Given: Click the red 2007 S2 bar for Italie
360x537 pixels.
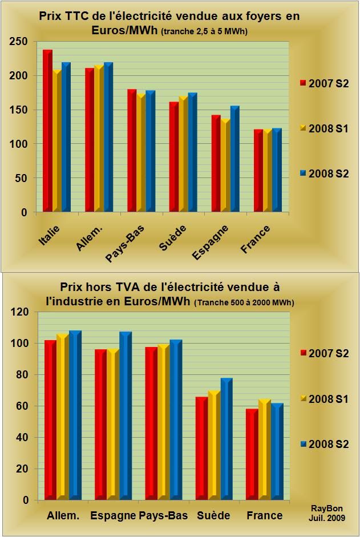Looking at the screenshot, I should pos(47,131).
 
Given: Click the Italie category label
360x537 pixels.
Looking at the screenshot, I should pos(49,236).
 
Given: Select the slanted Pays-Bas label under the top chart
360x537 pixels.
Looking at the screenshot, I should pos(124,244).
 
